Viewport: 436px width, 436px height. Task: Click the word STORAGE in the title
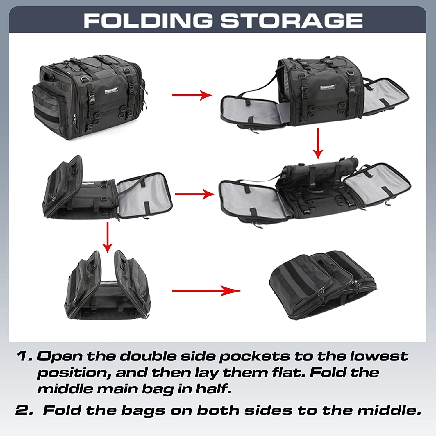click(x=292, y=21)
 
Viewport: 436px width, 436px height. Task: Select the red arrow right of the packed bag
click(x=192, y=95)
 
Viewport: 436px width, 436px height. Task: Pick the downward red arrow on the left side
click(x=108, y=237)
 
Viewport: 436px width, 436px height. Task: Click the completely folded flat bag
click(x=323, y=286)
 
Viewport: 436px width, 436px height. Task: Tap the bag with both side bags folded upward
click(x=108, y=286)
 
